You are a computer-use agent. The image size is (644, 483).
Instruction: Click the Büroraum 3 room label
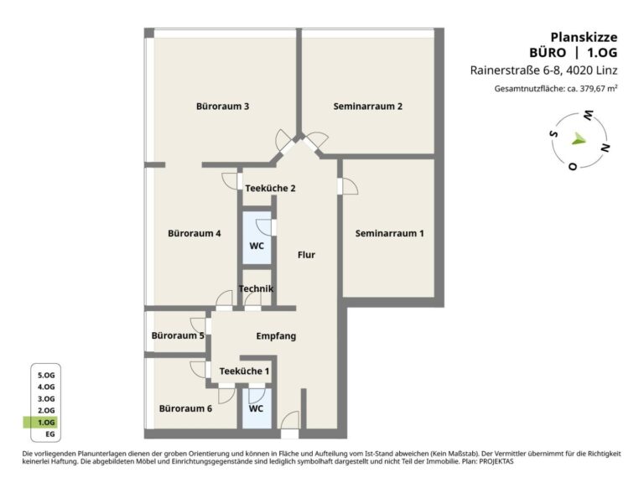point(222,106)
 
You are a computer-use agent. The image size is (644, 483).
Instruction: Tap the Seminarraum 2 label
point(367,106)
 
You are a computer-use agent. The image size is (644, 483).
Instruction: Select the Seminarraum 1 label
point(389,233)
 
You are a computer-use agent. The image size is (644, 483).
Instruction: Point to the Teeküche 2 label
point(270,188)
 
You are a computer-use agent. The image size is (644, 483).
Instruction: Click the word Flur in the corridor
point(306,255)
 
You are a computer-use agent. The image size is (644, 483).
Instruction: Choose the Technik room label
point(256,288)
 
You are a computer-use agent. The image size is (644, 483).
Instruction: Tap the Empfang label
point(276,336)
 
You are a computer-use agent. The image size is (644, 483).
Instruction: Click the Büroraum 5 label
point(178,335)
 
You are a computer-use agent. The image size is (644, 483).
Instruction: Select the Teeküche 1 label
point(244,371)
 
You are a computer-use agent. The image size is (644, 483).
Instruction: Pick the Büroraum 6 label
point(185,408)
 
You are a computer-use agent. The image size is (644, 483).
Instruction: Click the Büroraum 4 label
point(195,233)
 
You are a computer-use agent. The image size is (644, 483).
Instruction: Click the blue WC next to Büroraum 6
point(256,408)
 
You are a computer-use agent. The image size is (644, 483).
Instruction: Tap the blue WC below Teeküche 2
point(257,246)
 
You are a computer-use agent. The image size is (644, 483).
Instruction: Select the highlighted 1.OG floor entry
point(46,423)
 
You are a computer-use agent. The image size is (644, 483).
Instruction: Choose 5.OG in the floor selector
point(46,375)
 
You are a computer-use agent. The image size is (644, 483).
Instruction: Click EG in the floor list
point(50,434)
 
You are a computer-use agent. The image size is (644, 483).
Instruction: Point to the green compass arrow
point(579,139)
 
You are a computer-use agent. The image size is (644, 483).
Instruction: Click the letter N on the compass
point(605,148)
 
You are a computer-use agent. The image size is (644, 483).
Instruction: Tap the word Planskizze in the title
point(584,37)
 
